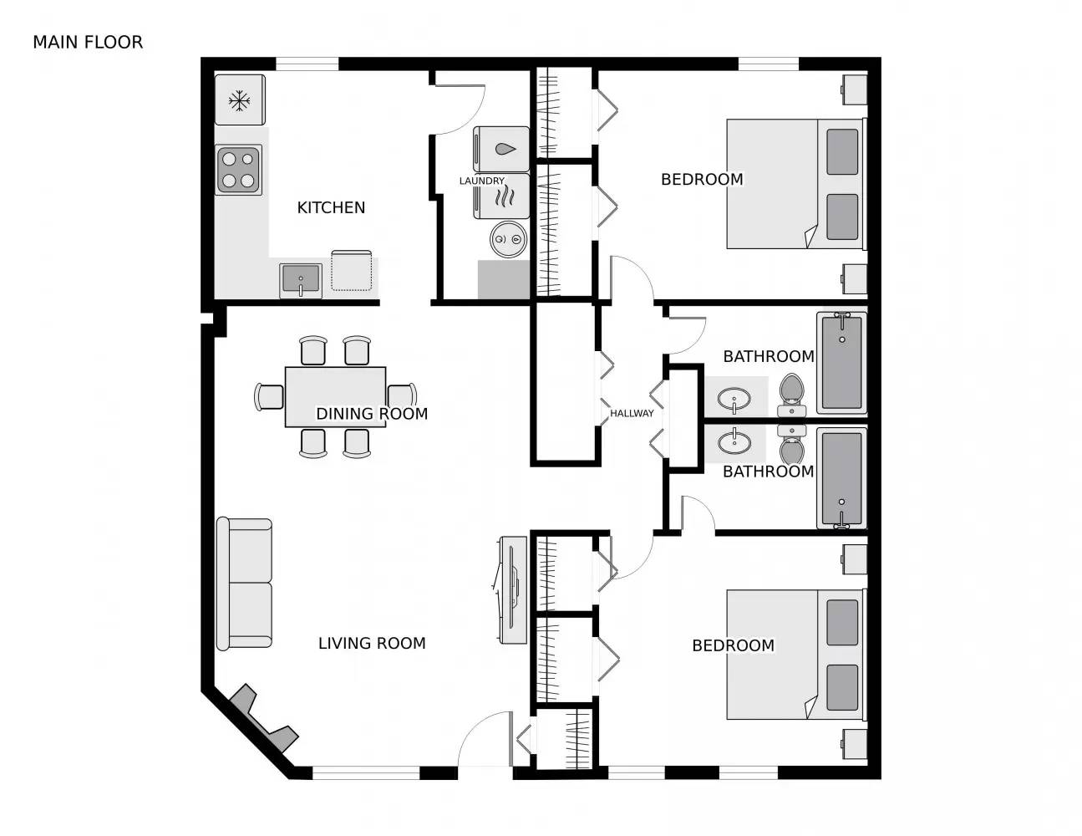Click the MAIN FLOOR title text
[88, 42]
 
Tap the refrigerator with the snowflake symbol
[240, 100]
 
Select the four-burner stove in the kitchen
[239, 170]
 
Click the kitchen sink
[300, 280]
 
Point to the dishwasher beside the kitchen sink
[351, 271]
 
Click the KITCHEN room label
[331, 207]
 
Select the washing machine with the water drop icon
[502, 149]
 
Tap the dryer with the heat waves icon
[502, 197]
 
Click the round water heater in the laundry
[506, 240]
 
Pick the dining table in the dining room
[335, 396]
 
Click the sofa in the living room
[245, 584]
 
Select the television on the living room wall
[511, 590]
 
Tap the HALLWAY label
[632, 413]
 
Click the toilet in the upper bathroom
[790, 395]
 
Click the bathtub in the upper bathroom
[841, 362]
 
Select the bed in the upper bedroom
[794, 184]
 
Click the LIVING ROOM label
[372, 643]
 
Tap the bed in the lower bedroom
[794, 654]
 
